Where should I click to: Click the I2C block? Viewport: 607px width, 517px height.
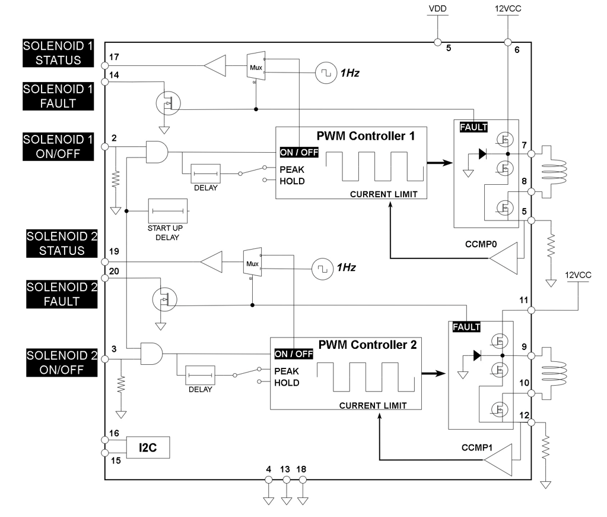(x=148, y=447)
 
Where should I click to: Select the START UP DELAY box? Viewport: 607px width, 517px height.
(x=169, y=212)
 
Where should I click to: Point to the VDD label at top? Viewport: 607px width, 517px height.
(x=437, y=10)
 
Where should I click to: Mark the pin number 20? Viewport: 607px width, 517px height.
(x=115, y=270)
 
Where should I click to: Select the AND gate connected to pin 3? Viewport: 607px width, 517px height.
(x=151, y=354)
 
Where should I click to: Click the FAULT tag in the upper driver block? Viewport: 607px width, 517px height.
(x=473, y=127)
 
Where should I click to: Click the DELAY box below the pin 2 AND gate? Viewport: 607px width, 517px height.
(x=205, y=174)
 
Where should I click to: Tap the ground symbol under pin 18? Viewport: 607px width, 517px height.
(x=303, y=500)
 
